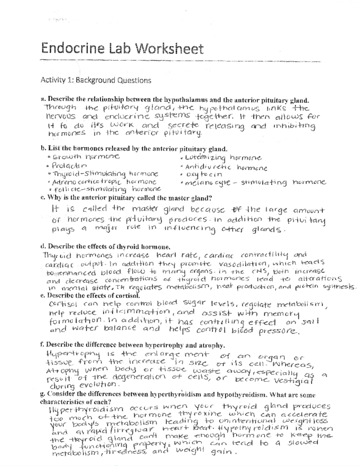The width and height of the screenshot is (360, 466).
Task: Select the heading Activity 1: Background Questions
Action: pyautogui.click(x=96, y=80)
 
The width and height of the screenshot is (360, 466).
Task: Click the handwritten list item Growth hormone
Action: pyautogui.click(x=85, y=156)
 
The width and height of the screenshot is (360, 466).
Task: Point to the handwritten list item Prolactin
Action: pyautogui.click(x=69, y=165)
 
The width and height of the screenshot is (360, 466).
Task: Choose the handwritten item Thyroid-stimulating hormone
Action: pyautogui.click(x=105, y=174)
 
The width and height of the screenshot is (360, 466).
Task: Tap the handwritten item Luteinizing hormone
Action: pyautogui.click(x=223, y=158)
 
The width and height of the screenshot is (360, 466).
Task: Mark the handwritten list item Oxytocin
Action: pyautogui.click(x=204, y=174)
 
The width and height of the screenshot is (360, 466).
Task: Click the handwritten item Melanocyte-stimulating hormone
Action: pyautogui.click(x=255, y=182)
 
